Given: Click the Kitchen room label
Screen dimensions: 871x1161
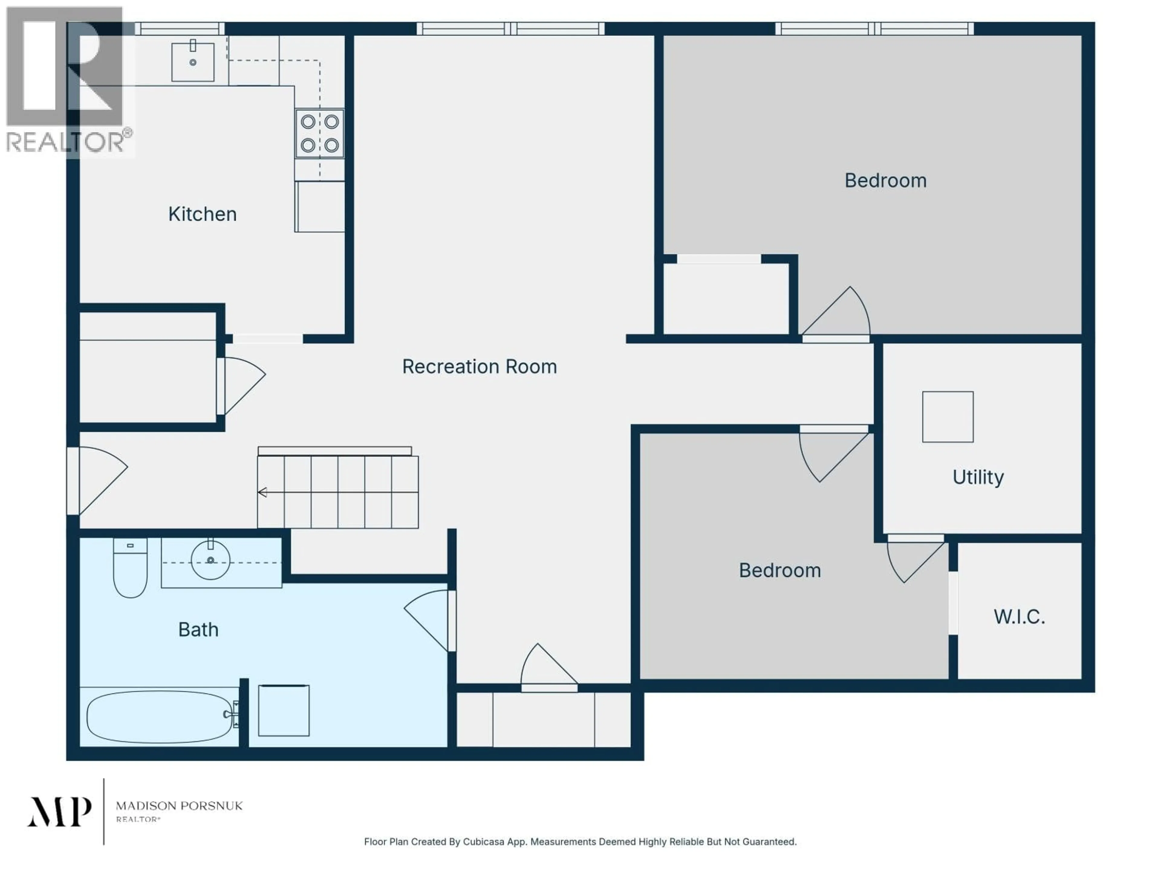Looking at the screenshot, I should [202, 214].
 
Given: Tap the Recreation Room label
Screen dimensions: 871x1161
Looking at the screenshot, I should [479, 367].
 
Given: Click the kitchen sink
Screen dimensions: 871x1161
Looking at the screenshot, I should [193, 62].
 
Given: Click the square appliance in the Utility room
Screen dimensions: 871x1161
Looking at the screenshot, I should [947, 417].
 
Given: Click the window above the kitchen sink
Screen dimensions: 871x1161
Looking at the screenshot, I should [180, 29].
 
